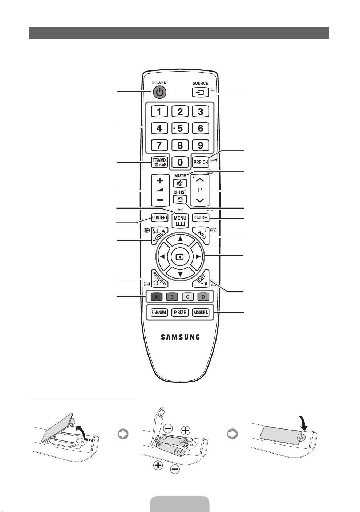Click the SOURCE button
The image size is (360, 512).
[x=200, y=92]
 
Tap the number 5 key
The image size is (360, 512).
[x=180, y=128]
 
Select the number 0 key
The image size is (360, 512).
[x=180, y=162]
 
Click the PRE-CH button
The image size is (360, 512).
[x=201, y=162]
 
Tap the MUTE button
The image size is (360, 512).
[x=180, y=183]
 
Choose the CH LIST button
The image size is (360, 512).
[x=180, y=199]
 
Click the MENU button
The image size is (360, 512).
[x=180, y=220]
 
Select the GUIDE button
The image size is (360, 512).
[x=201, y=218]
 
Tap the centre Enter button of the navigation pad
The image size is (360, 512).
[x=180, y=257]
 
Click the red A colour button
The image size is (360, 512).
[x=156, y=297]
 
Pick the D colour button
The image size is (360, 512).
[x=203, y=297]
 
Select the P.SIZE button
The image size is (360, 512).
[x=180, y=312]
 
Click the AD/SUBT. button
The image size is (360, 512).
[x=201, y=312]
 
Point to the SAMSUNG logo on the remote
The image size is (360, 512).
[x=180, y=337]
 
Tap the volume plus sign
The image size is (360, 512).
[x=160, y=180]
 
